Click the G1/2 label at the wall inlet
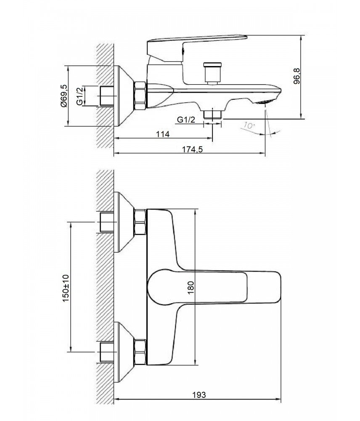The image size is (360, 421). pos(79,96)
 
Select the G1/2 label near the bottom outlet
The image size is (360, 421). pos(186,120)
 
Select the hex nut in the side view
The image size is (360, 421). pos(140,96)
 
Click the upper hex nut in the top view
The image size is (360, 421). pos(140,222)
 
